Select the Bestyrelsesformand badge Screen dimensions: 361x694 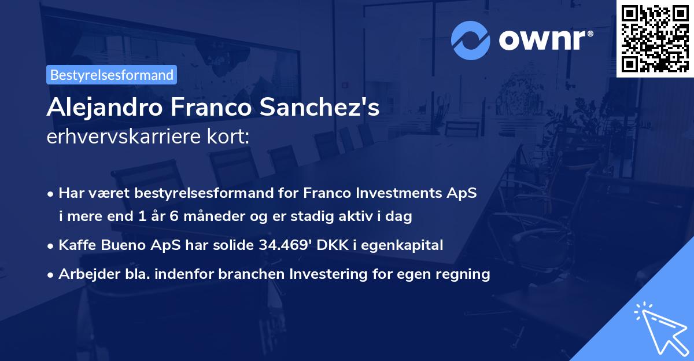pyautogui.click(x=112, y=75)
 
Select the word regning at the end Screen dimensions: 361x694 pyautogui.click(x=464, y=274)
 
